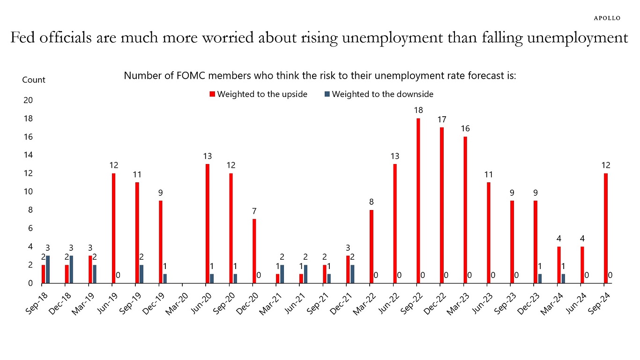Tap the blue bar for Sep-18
coord(48,269)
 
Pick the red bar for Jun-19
coord(114,228)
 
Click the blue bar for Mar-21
coord(282,274)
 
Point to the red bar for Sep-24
coord(606,228)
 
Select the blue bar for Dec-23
coord(540,278)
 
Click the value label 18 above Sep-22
coord(418,110)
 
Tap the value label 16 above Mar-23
coord(465,128)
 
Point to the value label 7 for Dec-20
coord(254,211)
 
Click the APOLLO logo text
coord(607,18)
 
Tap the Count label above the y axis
coord(34,80)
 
